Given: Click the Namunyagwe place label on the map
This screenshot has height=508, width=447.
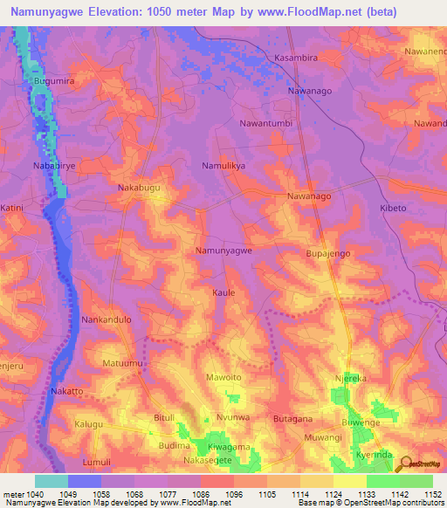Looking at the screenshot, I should (223, 251).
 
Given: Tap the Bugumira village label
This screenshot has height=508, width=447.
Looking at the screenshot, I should (51, 80).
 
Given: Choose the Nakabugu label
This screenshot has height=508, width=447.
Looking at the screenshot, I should (139, 188).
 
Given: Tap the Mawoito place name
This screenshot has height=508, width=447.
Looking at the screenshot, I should (223, 377).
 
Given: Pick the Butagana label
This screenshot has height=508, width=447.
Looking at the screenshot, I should (292, 420).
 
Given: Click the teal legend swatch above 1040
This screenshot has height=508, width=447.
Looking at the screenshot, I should (52, 481).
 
